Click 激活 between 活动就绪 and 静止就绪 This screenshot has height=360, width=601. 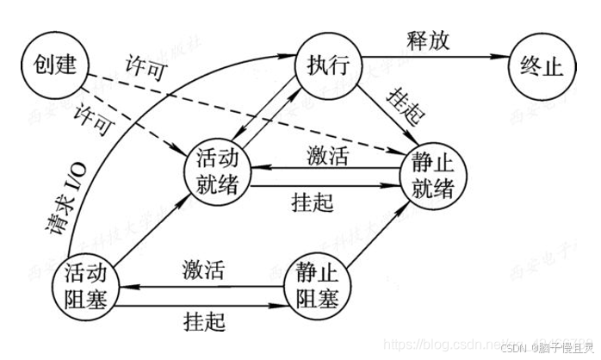click(329, 155)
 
